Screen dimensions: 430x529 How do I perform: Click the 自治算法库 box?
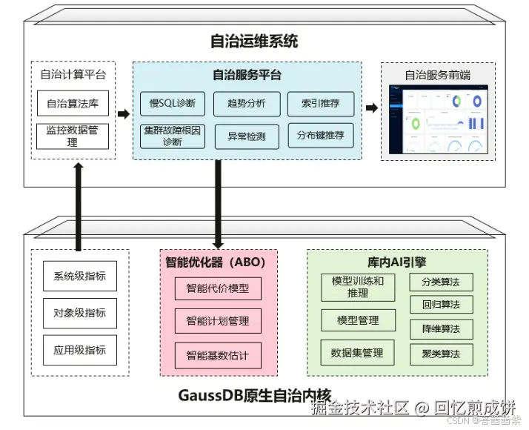click(x=73, y=103)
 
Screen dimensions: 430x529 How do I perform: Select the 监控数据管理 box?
click(x=73, y=136)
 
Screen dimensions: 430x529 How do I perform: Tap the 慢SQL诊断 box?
click(x=172, y=104)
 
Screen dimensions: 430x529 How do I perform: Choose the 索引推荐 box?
click(x=320, y=104)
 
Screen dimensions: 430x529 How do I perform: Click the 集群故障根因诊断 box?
click(x=172, y=136)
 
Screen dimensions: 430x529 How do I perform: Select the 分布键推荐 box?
click(x=320, y=136)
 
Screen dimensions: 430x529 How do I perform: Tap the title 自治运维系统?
click(x=264, y=41)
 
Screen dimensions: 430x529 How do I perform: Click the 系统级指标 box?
click(x=79, y=277)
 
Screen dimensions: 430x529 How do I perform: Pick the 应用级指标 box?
click(x=79, y=349)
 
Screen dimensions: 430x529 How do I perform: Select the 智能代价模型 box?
click(x=218, y=288)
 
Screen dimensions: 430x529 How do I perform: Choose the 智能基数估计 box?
click(x=218, y=355)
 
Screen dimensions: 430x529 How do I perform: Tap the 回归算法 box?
click(x=441, y=305)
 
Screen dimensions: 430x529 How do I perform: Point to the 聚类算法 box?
click(x=441, y=354)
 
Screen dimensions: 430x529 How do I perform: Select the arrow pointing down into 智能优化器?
click(x=218, y=204)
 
